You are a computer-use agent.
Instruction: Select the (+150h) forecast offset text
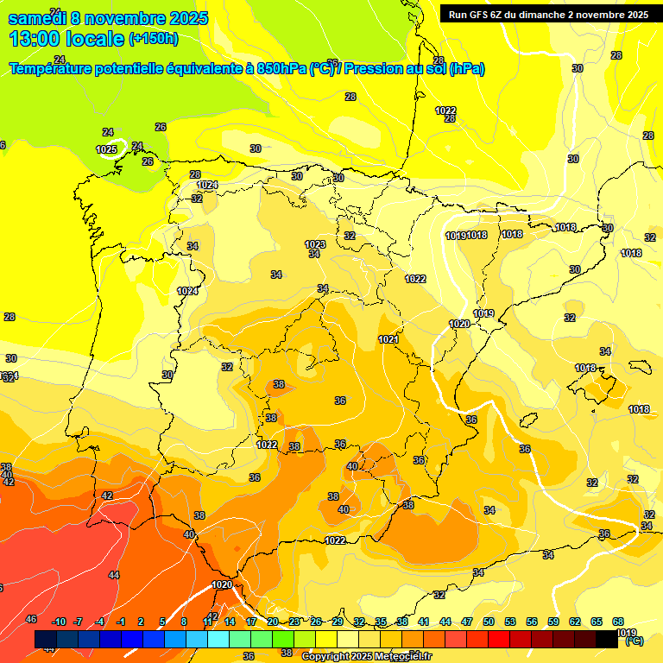tap(153, 38)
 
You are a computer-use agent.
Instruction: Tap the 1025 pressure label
tap(106, 150)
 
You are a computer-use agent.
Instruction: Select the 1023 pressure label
tap(315, 245)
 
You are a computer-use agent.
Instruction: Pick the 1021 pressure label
tap(388, 340)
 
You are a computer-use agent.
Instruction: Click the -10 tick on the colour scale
tap(59, 622)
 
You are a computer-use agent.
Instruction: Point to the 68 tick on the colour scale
tap(618, 622)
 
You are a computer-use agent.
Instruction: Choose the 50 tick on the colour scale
tap(489, 622)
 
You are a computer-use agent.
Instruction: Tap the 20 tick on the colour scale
tap(273, 622)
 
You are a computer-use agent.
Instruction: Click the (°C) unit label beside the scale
tap(633, 641)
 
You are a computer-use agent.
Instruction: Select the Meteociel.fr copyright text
tap(367, 657)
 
